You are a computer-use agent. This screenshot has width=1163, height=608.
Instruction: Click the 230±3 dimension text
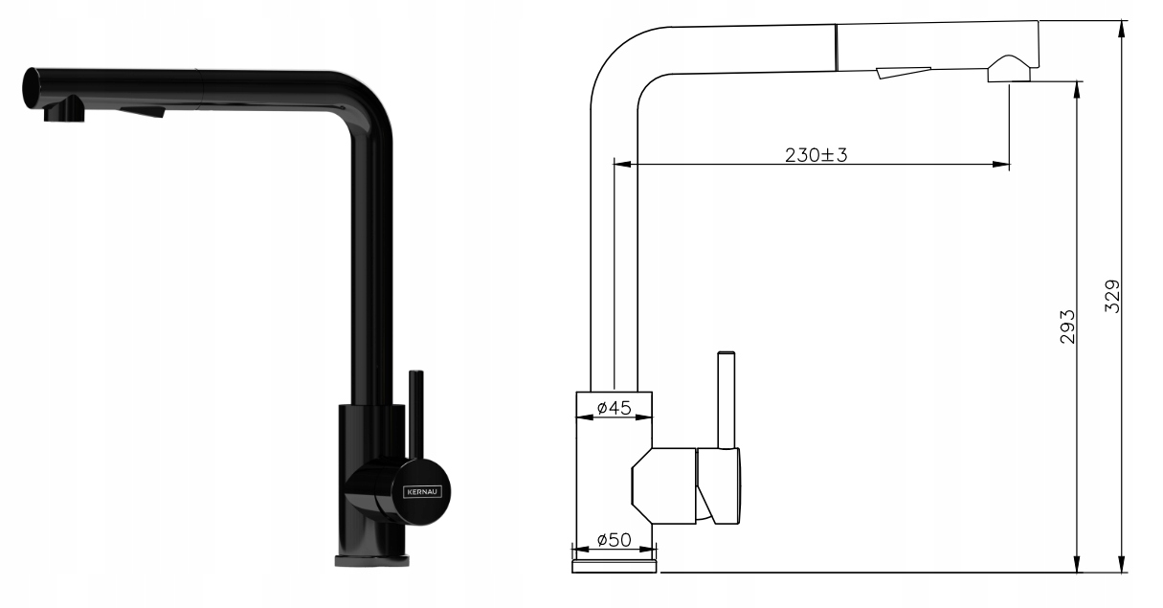click(x=816, y=155)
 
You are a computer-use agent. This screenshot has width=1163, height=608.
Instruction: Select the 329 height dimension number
click(x=1112, y=297)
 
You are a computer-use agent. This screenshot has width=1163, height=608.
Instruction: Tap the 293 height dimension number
click(x=1067, y=327)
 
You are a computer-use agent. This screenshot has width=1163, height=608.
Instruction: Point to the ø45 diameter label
click(x=615, y=408)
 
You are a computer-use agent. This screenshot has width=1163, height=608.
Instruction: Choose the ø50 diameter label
click(x=615, y=540)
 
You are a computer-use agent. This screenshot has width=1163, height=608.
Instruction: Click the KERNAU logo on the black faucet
click(x=423, y=492)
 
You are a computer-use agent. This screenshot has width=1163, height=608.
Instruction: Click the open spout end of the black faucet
click(x=30, y=88)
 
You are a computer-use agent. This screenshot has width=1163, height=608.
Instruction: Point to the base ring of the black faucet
click(x=371, y=561)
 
